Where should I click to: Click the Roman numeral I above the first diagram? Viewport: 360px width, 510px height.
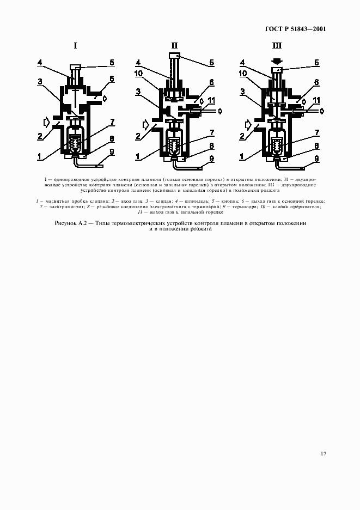pyautogui.click(x=75, y=46)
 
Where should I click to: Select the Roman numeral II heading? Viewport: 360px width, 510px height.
pyautogui.click(x=174, y=46)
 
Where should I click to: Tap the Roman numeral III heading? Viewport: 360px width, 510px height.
pyautogui.click(x=277, y=46)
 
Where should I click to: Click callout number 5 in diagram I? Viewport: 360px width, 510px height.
pyautogui.click(x=111, y=62)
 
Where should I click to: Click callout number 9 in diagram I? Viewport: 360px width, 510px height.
pyautogui.click(x=111, y=152)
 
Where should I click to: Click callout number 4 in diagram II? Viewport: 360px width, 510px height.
pyautogui.click(x=138, y=62)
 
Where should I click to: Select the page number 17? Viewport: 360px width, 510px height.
pyautogui.click(x=323, y=453)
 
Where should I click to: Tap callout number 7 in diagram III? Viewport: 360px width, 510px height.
pyautogui.click(x=317, y=133)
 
